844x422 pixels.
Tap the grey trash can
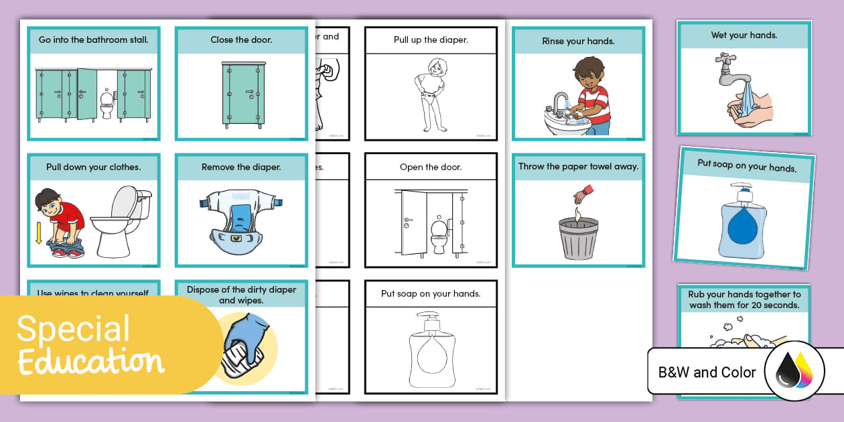pyautogui.click(x=577, y=237)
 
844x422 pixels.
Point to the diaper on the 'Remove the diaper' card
pyautogui.click(x=240, y=214)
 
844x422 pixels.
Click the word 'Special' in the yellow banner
pyautogui.click(x=74, y=329)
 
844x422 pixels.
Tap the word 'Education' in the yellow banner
pyautogui.click(x=90, y=362)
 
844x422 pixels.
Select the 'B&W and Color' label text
pyautogui.click(x=707, y=372)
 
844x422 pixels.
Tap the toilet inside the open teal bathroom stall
pyautogui.click(x=107, y=104)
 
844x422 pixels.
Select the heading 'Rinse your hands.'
pyautogui.click(x=578, y=41)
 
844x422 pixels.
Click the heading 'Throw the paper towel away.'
pyautogui.click(x=578, y=167)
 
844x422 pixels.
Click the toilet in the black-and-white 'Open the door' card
pyautogui.click(x=439, y=235)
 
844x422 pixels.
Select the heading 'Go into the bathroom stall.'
pyautogui.click(x=94, y=40)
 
